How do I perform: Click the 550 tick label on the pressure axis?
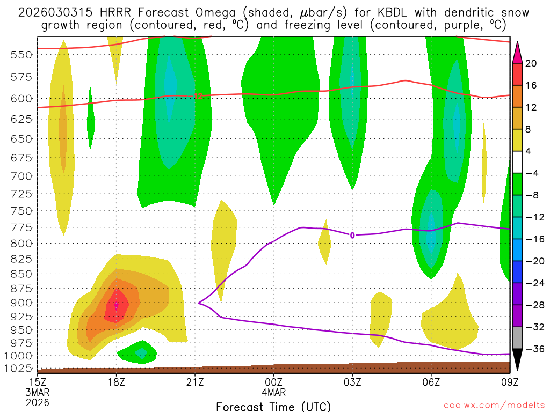pyautogui.click(x=22, y=54)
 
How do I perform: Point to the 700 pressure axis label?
pyautogui.click(x=22, y=176)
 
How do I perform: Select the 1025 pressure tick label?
pyautogui.click(x=19, y=369)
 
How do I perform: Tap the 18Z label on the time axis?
pyautogui.click(x=116, y=382)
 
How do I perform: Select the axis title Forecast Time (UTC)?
pyautogui.click(x=273, y=406)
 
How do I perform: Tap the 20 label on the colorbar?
pyautogui.click(x=531, y=63)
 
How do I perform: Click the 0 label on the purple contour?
pyautogui.click(x=352, y=235)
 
